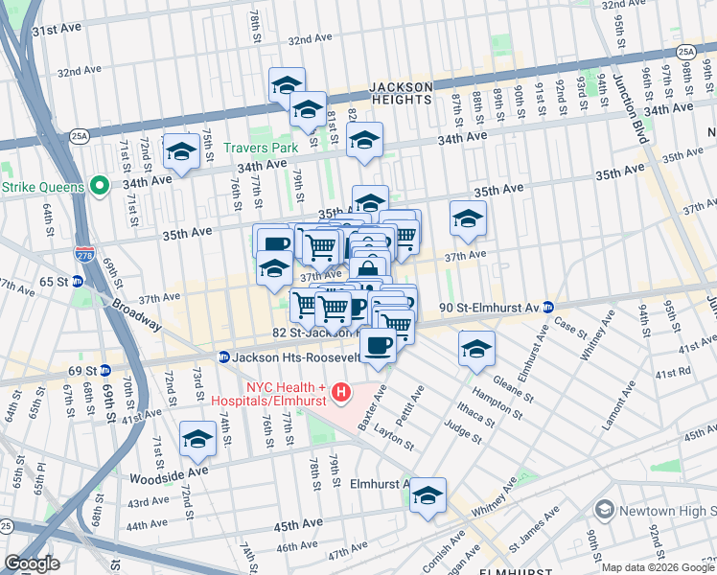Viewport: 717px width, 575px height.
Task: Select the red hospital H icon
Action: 341,392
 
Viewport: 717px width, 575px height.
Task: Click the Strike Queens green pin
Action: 100,185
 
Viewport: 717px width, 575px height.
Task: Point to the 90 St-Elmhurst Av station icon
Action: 547,308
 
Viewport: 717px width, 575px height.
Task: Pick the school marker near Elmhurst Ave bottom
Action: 428,495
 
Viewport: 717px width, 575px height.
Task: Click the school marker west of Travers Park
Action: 180,151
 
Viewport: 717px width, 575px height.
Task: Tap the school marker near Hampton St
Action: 476,349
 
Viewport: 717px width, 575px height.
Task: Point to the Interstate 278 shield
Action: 83,255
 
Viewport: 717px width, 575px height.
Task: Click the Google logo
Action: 31,563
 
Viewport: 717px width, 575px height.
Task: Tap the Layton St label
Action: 394,438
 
